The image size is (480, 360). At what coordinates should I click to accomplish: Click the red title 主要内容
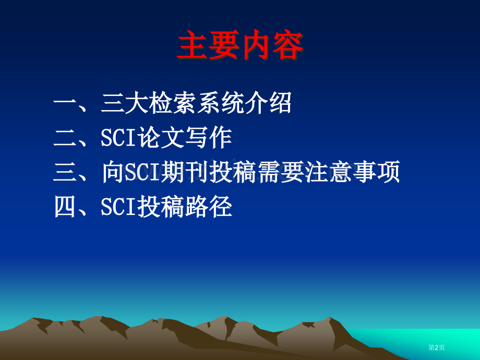tap(241, 45)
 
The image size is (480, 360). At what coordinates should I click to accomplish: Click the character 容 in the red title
tap(288, 45)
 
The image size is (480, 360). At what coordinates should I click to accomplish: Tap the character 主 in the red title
tap(193, 45)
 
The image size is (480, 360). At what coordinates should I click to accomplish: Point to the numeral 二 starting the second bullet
tap(65, 138)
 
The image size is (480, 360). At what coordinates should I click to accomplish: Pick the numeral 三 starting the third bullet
tap(65, 172)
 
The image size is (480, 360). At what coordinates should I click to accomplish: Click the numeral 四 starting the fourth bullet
tap(65, 207)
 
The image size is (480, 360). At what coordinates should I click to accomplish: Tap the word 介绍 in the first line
tap(268, 103)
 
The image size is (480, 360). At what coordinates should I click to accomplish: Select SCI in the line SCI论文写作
tap(118, 138)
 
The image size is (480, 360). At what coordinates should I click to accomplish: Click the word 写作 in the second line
tap(208, 138)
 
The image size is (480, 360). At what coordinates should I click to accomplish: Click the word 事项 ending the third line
tap(376, 172)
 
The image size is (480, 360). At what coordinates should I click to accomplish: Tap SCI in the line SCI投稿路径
tap(118, 207)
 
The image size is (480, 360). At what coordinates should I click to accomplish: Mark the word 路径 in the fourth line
tap(208, 207)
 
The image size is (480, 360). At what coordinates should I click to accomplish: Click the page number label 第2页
tap(437, 347)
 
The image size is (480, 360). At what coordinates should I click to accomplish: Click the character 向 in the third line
tap(113, 172)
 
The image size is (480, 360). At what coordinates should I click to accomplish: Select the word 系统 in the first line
tap(220, 103)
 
